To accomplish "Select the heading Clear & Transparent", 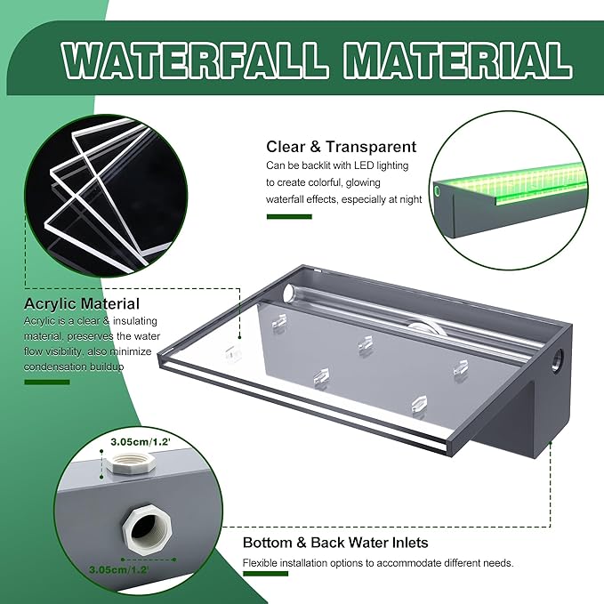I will [x=341, y=147].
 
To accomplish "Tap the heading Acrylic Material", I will [x=82, y=304].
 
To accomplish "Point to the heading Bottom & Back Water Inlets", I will [x=335, y=542].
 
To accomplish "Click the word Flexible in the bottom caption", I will [x=263, y=563].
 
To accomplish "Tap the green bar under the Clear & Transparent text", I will [x=289, y=216].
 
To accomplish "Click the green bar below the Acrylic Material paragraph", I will [x=46, y=382].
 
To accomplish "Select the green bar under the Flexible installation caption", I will [x=265, y=574].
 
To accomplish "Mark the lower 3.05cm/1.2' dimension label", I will [x=117, y=565].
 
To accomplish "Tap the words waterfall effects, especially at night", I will [x=343, y=199].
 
